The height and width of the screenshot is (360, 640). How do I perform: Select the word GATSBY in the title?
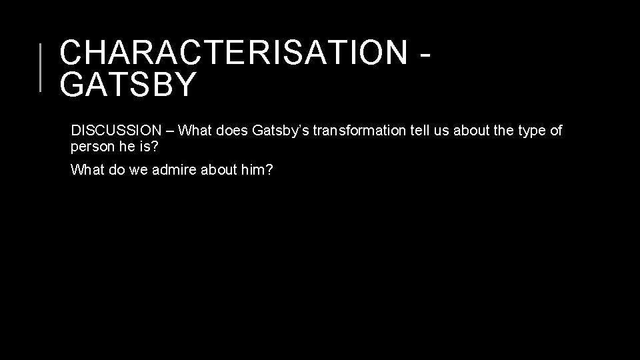point(128,85)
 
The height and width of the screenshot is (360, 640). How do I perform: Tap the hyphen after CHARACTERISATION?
point(422,53)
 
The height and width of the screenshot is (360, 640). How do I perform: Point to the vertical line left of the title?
point(41,67)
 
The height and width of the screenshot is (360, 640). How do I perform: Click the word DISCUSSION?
point(117,131)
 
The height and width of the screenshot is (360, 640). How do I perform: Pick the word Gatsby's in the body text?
point(281,131)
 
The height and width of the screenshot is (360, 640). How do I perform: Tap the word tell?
point(417,131)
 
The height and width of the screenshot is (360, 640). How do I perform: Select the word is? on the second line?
point(147,147)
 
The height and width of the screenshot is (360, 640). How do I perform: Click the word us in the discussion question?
point(441,131)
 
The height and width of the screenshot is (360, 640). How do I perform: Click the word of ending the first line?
point(556,131)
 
